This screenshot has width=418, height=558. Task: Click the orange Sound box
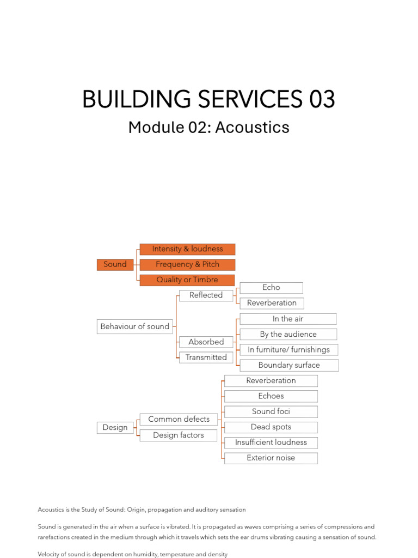[115, 264]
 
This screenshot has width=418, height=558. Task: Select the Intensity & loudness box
[187, 249]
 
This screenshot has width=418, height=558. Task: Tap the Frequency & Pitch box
[187, 264]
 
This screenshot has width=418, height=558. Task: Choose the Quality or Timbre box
[187, 280]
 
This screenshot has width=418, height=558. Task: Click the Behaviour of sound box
[135, 326]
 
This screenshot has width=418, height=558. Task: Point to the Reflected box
[206, 295]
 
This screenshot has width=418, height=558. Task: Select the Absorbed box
[206, 342]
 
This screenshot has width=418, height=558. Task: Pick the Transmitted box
[206, 357]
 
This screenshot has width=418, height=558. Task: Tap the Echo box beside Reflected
[271, 287]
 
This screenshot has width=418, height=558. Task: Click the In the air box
[288, 319]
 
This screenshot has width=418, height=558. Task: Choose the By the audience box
[288, 334]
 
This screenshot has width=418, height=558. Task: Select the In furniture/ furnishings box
[288, 349]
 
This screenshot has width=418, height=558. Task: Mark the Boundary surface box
[289, 365]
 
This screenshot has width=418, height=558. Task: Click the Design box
[115, 428]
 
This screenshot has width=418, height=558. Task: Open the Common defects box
[179, 419]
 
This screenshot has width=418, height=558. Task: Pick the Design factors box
[179, 435]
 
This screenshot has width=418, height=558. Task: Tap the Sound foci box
[271, 411]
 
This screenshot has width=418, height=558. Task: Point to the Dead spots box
[271, 427]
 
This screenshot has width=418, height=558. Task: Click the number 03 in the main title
[322, 100]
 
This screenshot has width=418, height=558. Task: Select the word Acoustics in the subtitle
[252, 128]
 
